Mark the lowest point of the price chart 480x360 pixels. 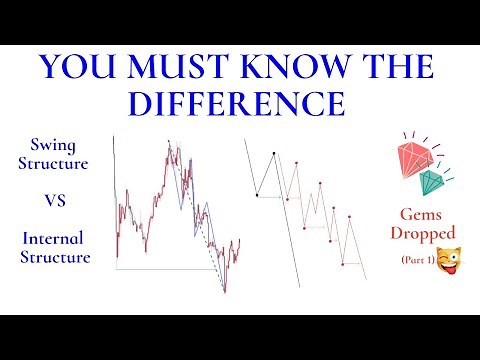pyautogui.click(x=225, y=292)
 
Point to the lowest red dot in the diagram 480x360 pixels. pyautogui.click(x=343, y=263)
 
